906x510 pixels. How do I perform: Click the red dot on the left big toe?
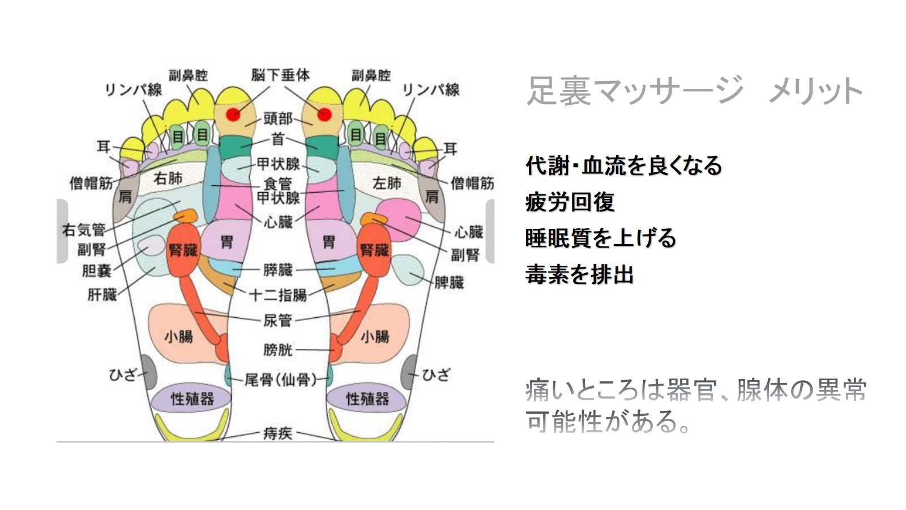[233, 114]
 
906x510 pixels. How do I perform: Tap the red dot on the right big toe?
[324, 114]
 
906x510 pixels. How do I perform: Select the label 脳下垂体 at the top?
[280, 75]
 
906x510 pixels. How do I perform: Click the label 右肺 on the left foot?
[168, 178]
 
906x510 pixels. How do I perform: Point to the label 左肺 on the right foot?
[387, 183]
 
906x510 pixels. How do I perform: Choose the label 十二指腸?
[278, 295]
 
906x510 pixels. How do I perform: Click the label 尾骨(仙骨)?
[280, 379]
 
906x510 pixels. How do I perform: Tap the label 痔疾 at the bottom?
[278, 433]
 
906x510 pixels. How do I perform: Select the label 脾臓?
[449, 282]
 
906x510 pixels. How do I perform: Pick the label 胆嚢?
[97, 271]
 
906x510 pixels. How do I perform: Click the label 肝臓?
[102, 295]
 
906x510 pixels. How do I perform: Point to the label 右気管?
[84, 229]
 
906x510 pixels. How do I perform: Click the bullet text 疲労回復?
[570, 202]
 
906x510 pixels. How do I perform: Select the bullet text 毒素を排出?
[579, 274]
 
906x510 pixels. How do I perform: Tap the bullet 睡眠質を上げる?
[601, 238]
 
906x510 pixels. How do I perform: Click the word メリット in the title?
[815, 91]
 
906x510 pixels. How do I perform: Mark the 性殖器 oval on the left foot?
[192, 398]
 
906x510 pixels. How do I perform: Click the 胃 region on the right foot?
[328, 243]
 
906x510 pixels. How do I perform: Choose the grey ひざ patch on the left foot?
[149, 372]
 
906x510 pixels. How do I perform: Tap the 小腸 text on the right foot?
[375, 337]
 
